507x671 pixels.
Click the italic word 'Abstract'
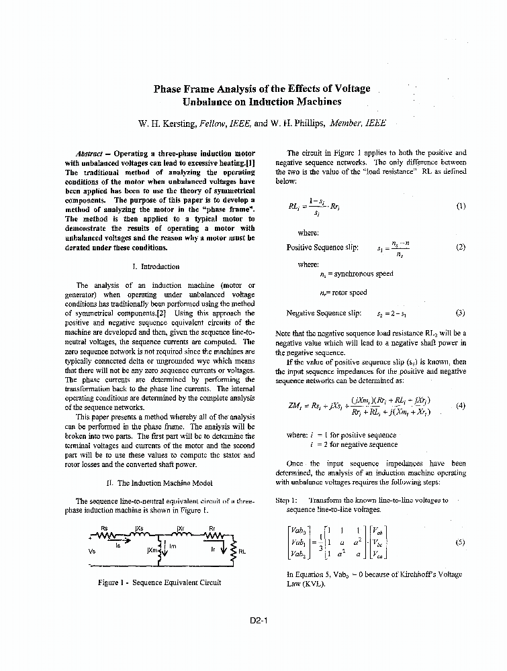(x=89, y=154)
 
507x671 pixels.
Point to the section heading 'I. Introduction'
(x=156, y=266)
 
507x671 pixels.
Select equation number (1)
(x=460, y=206)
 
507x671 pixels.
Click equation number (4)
(x=460, y=405)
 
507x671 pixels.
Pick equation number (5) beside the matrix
(x=459, y=543)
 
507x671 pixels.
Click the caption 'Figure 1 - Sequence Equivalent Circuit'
(x=159, y=582)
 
